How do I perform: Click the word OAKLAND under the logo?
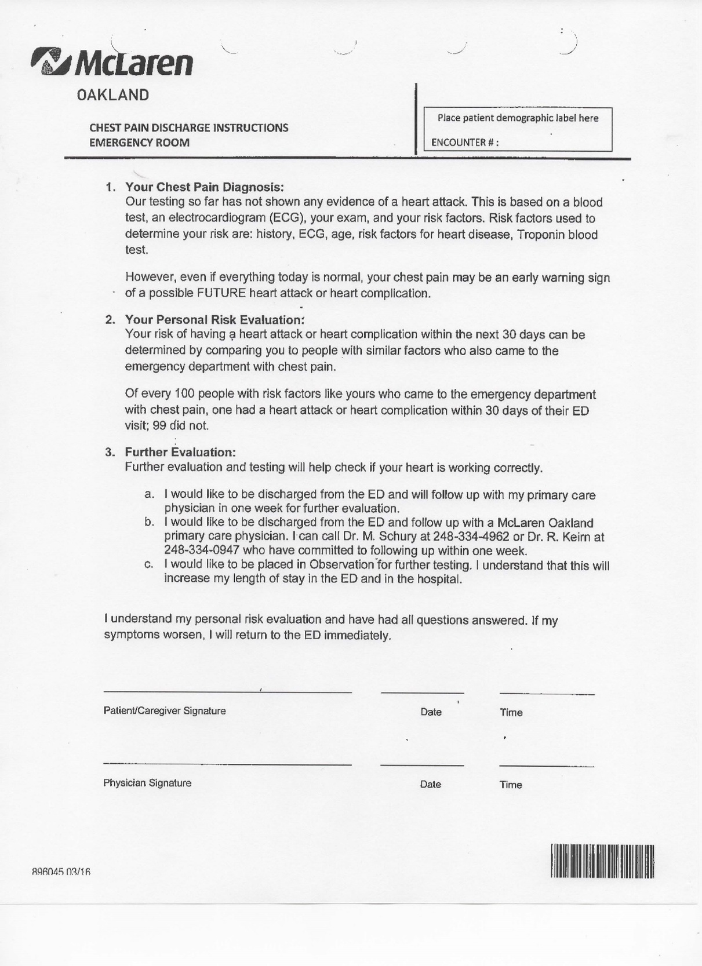click(113, 95)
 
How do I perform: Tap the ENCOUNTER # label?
click(464, 143)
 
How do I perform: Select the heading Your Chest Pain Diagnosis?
click(205, 187)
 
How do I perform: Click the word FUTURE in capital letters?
click(221, 293)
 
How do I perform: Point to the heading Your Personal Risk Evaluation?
click(214, 319)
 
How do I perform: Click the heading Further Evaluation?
click(180, 452)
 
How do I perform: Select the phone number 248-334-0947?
click(202, 551)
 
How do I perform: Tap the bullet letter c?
click(149, 564)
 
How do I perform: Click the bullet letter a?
click(149, 494)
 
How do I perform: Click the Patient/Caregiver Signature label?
click(165, 711)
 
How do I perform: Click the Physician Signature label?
click(147, 783)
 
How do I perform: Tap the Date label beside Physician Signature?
click(430, 785)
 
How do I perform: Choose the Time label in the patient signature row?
click(511, 713)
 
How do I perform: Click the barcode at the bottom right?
click(602, 861)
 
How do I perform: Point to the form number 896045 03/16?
click(61, 872)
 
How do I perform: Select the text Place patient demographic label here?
click(518, 118)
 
